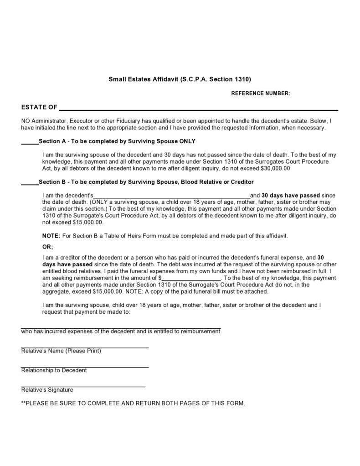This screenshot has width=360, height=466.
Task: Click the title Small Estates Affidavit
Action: coord(180,79)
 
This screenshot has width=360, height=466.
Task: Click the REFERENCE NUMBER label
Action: coord(261,93)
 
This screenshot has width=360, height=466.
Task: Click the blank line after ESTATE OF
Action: coord(198,109)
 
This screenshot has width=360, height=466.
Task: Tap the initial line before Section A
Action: coord(30,144)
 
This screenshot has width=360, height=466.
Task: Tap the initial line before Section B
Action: coord(30,184)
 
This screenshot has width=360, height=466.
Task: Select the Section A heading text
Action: coord(117,141)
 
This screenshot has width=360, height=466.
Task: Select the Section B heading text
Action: coord(146,182)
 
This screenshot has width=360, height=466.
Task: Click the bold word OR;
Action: coord(47,247)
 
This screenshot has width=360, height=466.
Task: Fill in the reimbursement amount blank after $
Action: coord(191,279)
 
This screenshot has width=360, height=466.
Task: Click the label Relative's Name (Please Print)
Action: coord(61,351)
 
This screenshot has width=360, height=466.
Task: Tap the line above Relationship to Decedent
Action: coord(85,367)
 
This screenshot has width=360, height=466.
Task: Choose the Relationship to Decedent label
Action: coord(54,370)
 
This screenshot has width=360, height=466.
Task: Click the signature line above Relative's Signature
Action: coord(83,386)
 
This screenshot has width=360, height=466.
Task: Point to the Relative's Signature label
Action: coord(47,390)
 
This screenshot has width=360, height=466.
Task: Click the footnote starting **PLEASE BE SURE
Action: coord(133,404)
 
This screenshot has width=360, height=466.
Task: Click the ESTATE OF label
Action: coord(39,108)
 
